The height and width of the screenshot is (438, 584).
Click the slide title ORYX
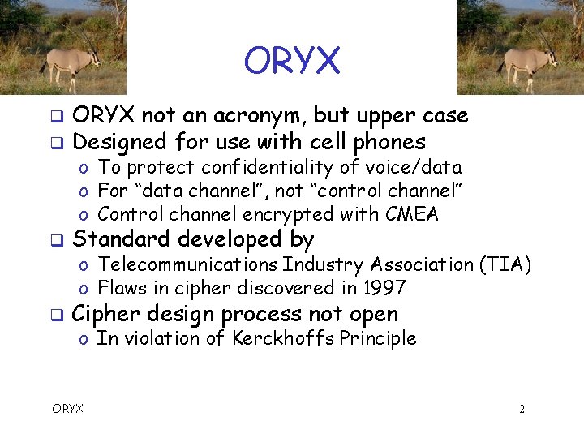click(292, 61)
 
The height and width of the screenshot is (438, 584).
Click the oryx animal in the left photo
click(71, 60)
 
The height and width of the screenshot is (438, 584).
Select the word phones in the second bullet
click(389, 143)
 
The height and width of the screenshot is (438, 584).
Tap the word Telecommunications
click(189, 264)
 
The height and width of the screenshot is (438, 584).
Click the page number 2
click(522, 409)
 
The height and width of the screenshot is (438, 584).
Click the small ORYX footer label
click(67, 409)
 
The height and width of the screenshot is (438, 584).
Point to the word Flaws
click(118, 288)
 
